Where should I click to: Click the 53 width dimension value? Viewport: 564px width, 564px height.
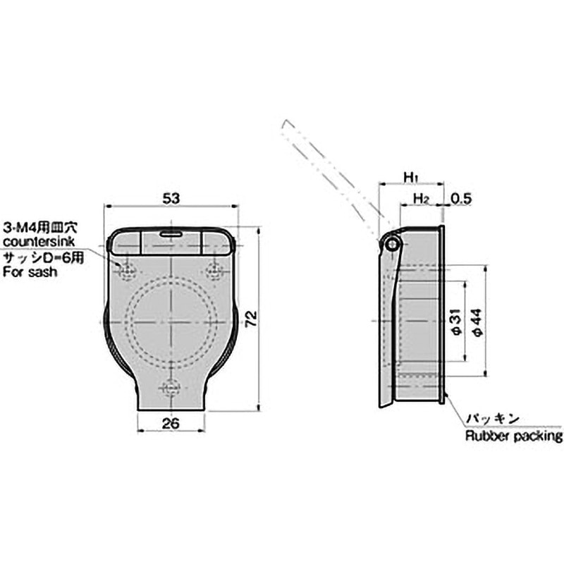[171, 199]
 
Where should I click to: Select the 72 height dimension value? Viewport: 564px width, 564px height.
[252, 318]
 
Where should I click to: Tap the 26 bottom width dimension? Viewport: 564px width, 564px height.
[171, 424]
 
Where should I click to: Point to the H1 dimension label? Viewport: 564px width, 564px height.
[410, 177]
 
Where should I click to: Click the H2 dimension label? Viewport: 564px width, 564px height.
[421, 199]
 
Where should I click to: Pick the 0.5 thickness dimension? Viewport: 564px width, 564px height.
[460, 199]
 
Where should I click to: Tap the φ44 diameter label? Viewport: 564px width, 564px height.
[477, 322]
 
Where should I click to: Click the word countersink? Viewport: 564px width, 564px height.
[39, 241]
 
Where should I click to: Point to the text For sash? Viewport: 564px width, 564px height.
[30, 271]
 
